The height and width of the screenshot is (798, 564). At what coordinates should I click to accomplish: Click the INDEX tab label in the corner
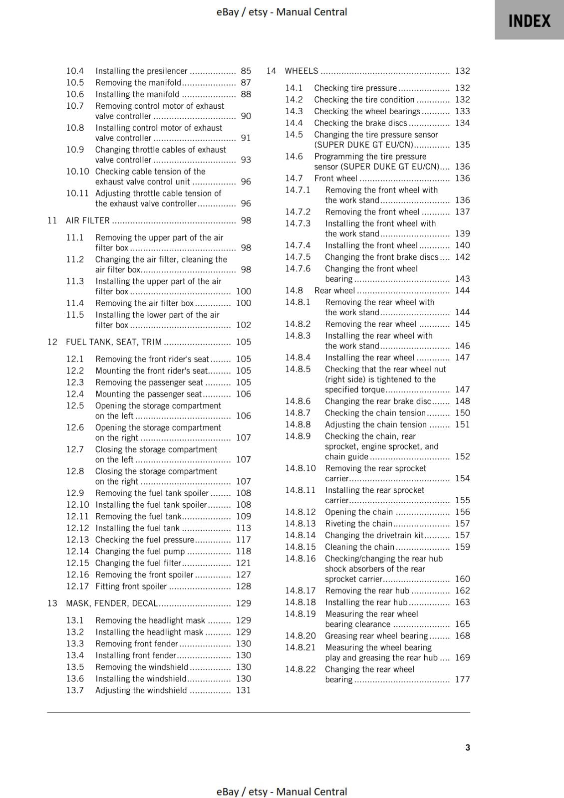pyautogui.click(x=529, y=21)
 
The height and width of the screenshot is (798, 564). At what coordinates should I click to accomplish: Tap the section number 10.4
pyautogui.click(x=75, y=71)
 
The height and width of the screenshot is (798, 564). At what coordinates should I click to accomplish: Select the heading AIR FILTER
pyautogui.click(x=88, y=220)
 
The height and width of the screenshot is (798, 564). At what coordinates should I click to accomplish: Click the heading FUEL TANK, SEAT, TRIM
pyautogui.click(x=114, y=342)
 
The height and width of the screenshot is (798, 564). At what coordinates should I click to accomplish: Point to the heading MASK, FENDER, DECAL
pyautogui.click(x=112, y=603)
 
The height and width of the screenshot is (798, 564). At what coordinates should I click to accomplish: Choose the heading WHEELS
pyautogui.click(x=301, y=71)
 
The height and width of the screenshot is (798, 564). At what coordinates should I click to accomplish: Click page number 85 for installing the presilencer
pyautogui.click(x=246, y=71)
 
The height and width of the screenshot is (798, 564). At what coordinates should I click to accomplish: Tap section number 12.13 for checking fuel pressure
pyautogui.click(x=77, y=540)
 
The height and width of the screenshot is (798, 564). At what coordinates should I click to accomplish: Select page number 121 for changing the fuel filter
pyautogui.click(x=244, y=563)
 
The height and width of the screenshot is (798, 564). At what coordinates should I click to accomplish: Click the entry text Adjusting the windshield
pyautogui.click(x=141, y=691)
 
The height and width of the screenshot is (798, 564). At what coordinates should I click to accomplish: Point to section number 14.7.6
pyautogui.click(x=297, y=269)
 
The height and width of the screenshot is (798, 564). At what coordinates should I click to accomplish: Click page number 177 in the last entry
pyautogui.click(x=462, y=679)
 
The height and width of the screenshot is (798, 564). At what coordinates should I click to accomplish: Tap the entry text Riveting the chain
pyautogui.click(x=358, y=524)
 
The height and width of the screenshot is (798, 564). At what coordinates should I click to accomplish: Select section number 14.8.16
pyautogui.click(x=300, y=559)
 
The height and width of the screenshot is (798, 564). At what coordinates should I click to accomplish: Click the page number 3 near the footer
pyautogui.click(x=468, y=748)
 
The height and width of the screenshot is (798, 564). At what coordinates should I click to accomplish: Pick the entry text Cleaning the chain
pyautogui.click(x=359, y=547)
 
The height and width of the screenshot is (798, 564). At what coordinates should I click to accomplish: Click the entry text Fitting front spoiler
pyautogui.click(x=131, y=587)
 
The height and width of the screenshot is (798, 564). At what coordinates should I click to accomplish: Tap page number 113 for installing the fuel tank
pyautogui.click(x=244, y=528)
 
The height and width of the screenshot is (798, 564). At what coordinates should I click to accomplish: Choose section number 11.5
pyautogui.click(x=75, y=315)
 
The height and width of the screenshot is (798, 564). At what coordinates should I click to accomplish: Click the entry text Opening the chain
pyautogui.click(x=359, y=512)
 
